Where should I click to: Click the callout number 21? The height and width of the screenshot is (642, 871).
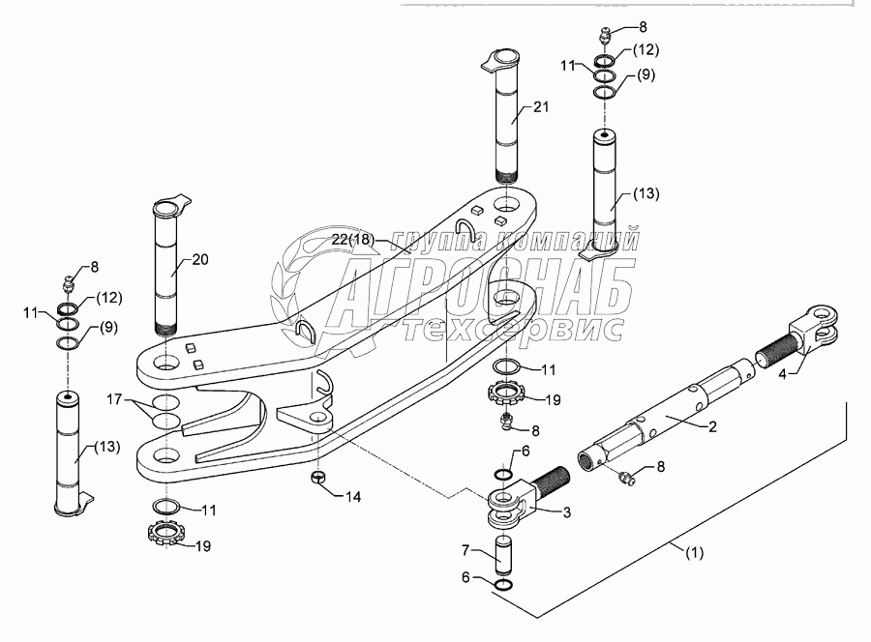(x=540, y=108)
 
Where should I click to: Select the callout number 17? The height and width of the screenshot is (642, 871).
(x=114, y=397)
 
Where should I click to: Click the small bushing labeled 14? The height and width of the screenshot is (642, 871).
(x=317, y=479)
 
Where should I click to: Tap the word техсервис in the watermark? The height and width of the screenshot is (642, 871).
(x=513, y=329)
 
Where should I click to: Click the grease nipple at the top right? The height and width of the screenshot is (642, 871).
(x=602, y=36)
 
